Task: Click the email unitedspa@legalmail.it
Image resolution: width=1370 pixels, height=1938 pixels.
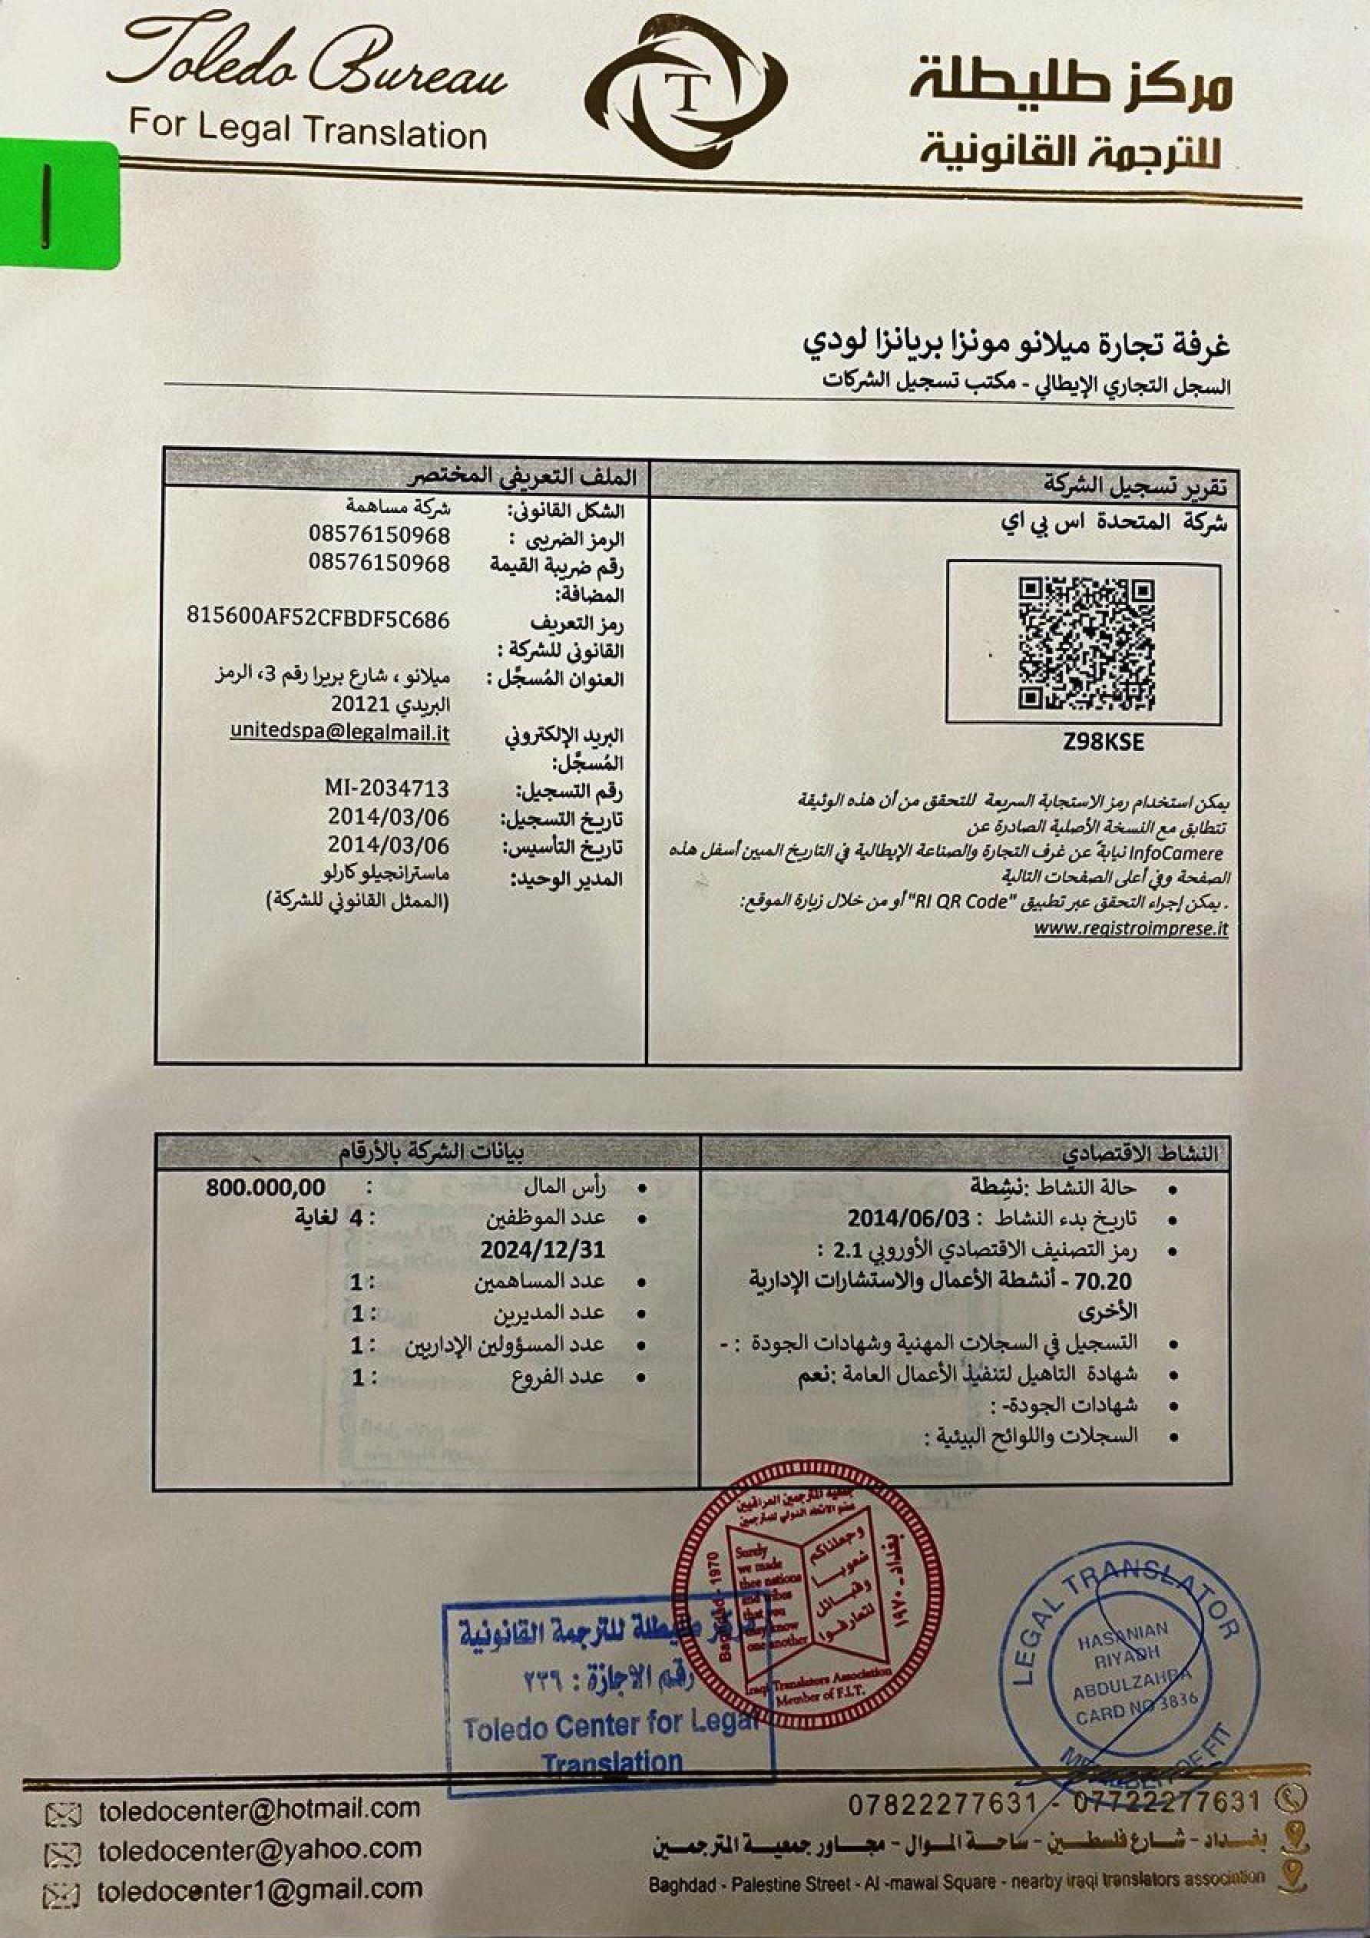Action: coord(339,733)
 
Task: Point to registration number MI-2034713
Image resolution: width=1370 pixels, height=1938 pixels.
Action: coord(386,789)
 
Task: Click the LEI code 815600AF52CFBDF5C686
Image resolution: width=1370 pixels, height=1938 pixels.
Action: coord(317,620)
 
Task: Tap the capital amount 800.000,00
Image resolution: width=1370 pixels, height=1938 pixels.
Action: coord(266,1187)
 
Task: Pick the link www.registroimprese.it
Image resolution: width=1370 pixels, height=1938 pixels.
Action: coord(1130,928)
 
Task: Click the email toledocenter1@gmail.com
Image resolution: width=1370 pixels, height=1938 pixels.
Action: coord(260,1890)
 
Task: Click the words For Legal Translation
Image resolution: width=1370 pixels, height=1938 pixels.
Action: coord(307,131)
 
